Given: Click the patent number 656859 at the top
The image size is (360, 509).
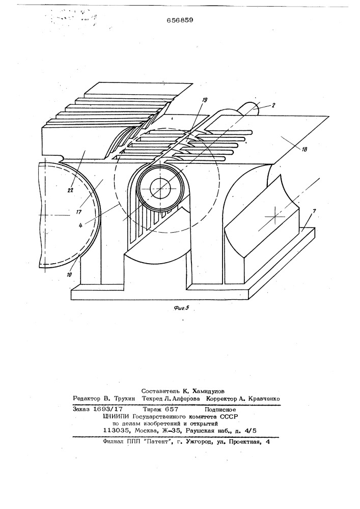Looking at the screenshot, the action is (180, 20).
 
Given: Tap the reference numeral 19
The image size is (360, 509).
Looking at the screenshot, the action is (204, 100).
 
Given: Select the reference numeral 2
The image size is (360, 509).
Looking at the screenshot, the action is (273, 105).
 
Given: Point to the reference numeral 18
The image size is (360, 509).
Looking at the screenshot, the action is (304, 150).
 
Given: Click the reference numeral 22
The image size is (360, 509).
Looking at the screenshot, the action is (70, 190).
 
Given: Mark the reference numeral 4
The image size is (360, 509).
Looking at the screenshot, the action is (80, 224).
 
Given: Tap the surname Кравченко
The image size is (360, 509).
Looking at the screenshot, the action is (264, 399).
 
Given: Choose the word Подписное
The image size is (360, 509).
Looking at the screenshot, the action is (220, 410).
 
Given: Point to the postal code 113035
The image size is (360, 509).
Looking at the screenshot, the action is (115, 431).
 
